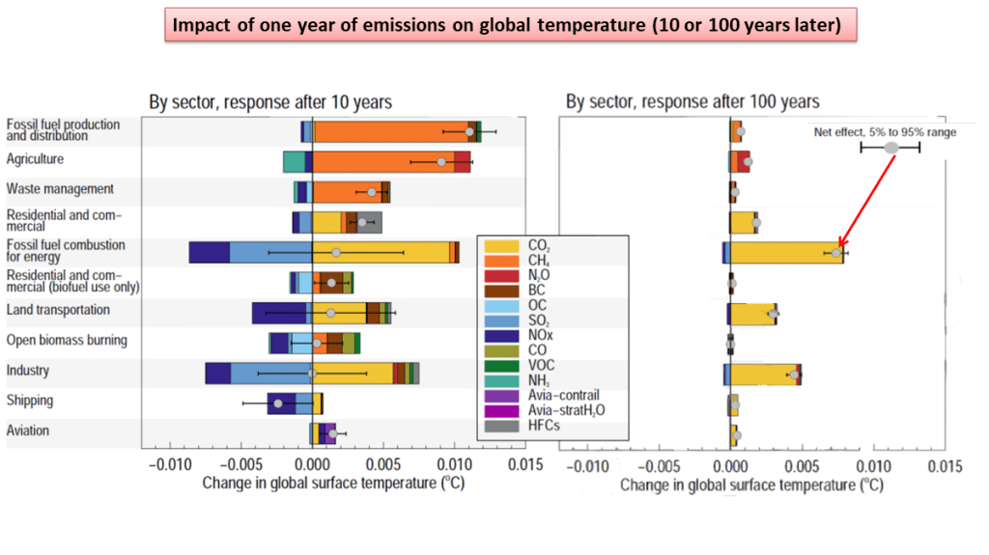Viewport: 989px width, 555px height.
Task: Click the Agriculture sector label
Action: click(x=35, y=159)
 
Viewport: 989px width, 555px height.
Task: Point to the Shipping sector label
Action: click(x=30, y=401)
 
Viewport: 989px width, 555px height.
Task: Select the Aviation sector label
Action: click(x=28, y=430)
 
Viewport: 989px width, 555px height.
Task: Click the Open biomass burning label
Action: click(x=67, y=340)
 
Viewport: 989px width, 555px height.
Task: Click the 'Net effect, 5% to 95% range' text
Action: click(x=884, y=132)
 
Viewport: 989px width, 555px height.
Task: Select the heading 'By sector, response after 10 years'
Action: click(x=269, y=101)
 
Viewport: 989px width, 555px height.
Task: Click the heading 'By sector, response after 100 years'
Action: click(x=692, y=101)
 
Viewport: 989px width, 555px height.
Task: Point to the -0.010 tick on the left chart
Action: click(x=170, y=465)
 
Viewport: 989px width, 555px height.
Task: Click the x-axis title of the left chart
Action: click(x=333, y=483)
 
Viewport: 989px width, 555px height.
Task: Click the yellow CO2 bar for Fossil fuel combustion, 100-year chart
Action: click(x=782, y=253)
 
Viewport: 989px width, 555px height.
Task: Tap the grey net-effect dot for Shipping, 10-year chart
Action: click(x=278, y=403)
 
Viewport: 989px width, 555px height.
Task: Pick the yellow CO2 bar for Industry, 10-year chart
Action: click(x=353, y=373)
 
